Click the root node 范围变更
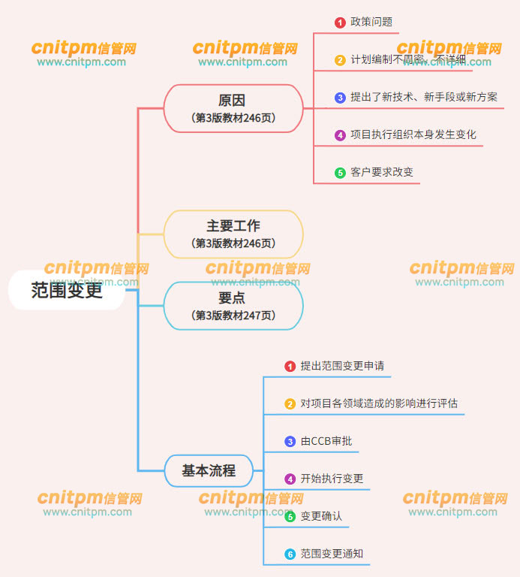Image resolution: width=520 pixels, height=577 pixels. pos(67,290)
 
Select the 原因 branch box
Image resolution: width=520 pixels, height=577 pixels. pos(233,108)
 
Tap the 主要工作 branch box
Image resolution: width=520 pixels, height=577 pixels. pos(233,234)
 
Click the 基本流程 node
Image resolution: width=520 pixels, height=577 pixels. pos(209,471)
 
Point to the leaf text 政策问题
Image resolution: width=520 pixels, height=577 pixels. pos(371,22)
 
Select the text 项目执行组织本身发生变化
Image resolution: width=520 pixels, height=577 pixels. pos(413,134)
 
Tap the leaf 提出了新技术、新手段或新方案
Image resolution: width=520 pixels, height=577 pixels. pos(423,97)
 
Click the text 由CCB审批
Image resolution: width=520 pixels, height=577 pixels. pos(326,441)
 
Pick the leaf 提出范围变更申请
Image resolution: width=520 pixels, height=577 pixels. pos(342,366)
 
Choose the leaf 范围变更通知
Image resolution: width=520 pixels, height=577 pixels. pos(332,554)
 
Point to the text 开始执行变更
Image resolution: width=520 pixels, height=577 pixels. pos(332,479)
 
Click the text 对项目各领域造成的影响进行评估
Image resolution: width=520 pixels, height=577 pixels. pos(379,403)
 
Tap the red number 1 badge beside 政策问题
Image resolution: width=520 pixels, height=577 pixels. pos(340,23)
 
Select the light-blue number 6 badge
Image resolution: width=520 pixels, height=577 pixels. pos(290,554)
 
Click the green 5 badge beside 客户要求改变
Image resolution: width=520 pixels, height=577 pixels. pos(340,173)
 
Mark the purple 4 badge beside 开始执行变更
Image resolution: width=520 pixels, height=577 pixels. pos(290,479)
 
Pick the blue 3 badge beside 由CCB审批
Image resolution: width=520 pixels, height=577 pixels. pos(290,442)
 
